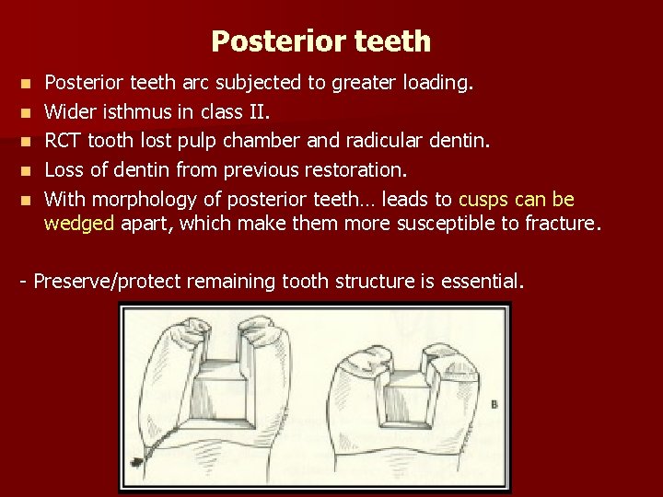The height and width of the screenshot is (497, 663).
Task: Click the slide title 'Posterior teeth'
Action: pyautogui.click(x=320, y=41)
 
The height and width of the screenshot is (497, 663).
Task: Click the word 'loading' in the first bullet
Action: pyautogui.click(x=437, y=84)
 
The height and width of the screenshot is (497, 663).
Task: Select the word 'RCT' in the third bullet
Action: pyautogui.click(x=63, y=141)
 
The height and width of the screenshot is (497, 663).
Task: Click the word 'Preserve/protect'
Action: pyautogui.click(x=105, y=280)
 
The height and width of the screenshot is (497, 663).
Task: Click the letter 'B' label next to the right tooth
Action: pyautogui.click(x=494, y=404)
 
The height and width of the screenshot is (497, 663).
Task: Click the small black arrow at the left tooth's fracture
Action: pyautogui.click(x=139, y=457)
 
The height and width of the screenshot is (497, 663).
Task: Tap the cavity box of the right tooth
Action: pyautogui.click(x=400, y=391)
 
